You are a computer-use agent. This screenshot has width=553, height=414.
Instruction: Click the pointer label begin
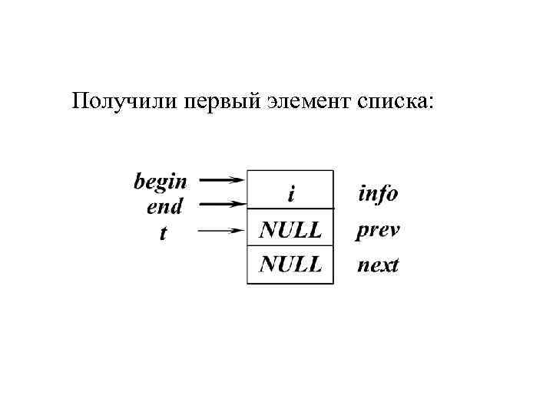[x=161, y=182]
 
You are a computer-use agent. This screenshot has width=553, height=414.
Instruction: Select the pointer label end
[x=165, y=206]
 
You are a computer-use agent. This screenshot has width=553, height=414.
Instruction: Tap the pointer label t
[x=162, y=232]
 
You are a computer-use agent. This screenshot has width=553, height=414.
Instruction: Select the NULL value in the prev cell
[x=290, y=228]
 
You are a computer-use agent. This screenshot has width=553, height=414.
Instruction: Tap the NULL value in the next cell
[x=290, y=265]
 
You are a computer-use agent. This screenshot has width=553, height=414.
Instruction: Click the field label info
[x=378, y=193]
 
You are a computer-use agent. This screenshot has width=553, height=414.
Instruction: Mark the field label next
[x=378, y=266]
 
